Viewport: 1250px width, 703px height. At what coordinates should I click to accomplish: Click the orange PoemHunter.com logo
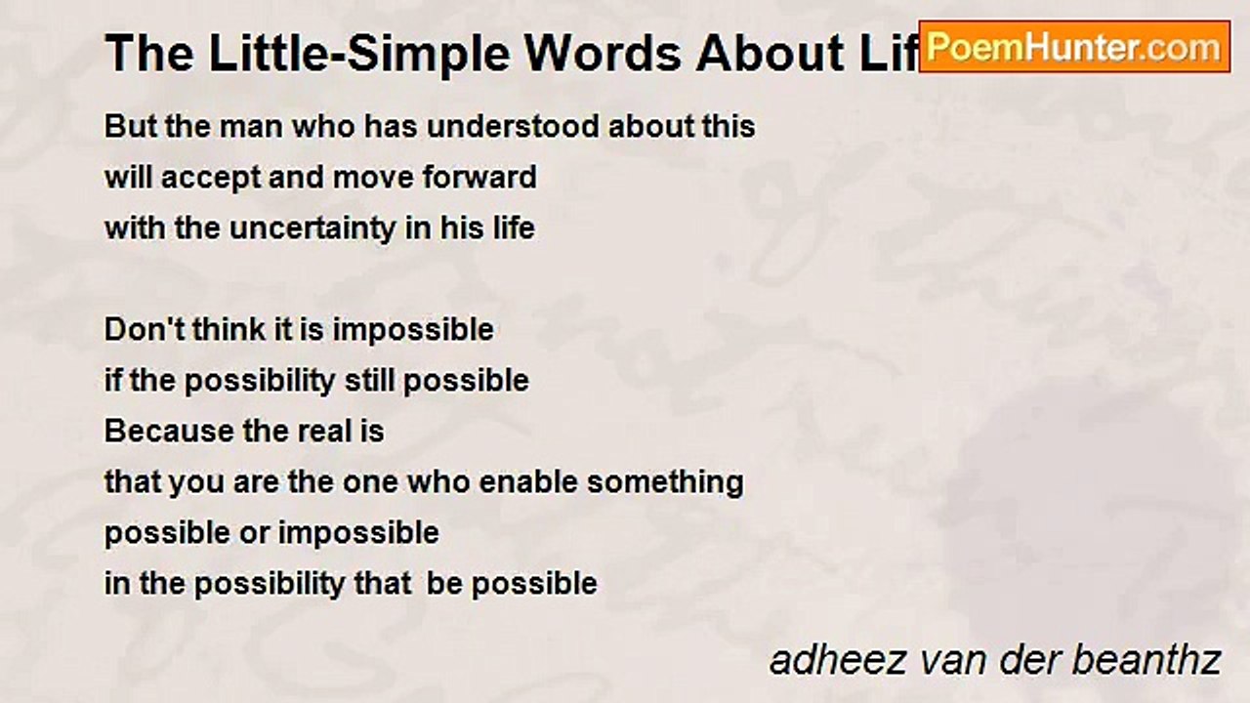pos(1074,46)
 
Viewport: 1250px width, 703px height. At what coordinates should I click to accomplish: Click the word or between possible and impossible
pos(259,533)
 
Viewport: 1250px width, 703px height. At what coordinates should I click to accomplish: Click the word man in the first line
pos(224,127)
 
